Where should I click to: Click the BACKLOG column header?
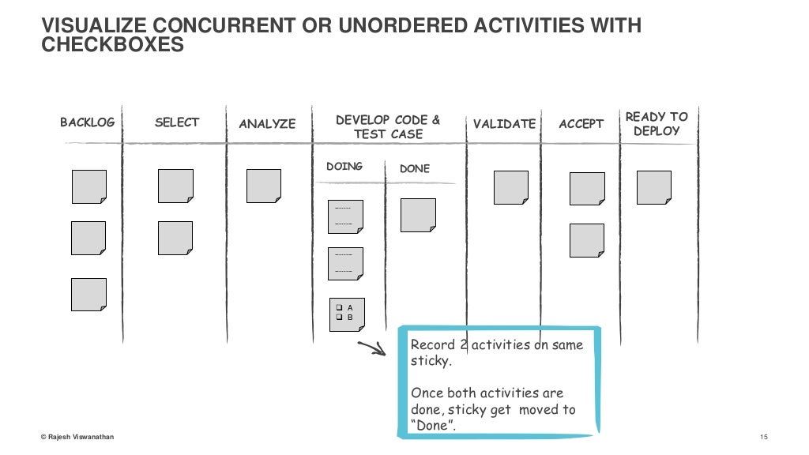click(87, 122)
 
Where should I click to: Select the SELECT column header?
click(177, 122)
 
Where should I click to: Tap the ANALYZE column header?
click(267, 124)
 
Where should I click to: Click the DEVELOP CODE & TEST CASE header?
click(388, 127)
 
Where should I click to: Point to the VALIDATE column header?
click(504, 124)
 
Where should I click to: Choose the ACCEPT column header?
click(581, 124)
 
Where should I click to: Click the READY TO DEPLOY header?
click(657, 124)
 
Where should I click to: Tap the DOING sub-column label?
click(344, 167)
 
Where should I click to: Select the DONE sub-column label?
click(415, 169)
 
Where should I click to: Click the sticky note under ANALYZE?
click(264, 186)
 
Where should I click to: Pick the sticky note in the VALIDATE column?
click(511, 188)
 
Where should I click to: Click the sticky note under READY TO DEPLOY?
click(654, 188)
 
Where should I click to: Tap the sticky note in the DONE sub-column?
click(418, 215)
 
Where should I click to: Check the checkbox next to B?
click(339, 318)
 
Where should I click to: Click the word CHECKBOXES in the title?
click(113, 46)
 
